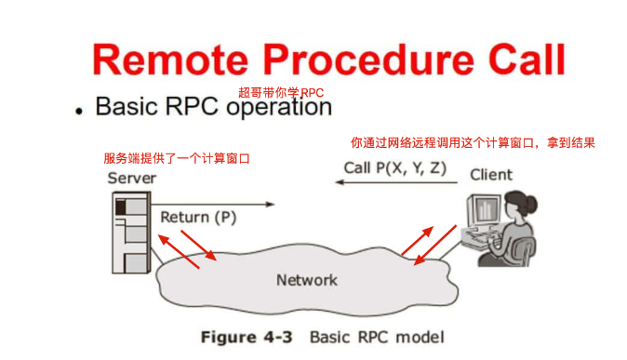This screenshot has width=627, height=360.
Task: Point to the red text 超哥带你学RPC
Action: point(280,92)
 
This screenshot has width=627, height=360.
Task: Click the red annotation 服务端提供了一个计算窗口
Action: point(176,158)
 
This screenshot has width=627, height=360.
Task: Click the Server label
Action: point(131,178)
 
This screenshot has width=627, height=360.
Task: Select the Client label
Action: point(490,175)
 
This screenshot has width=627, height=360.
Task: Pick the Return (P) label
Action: point(198,218)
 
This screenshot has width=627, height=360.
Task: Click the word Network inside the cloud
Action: point(306,280)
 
